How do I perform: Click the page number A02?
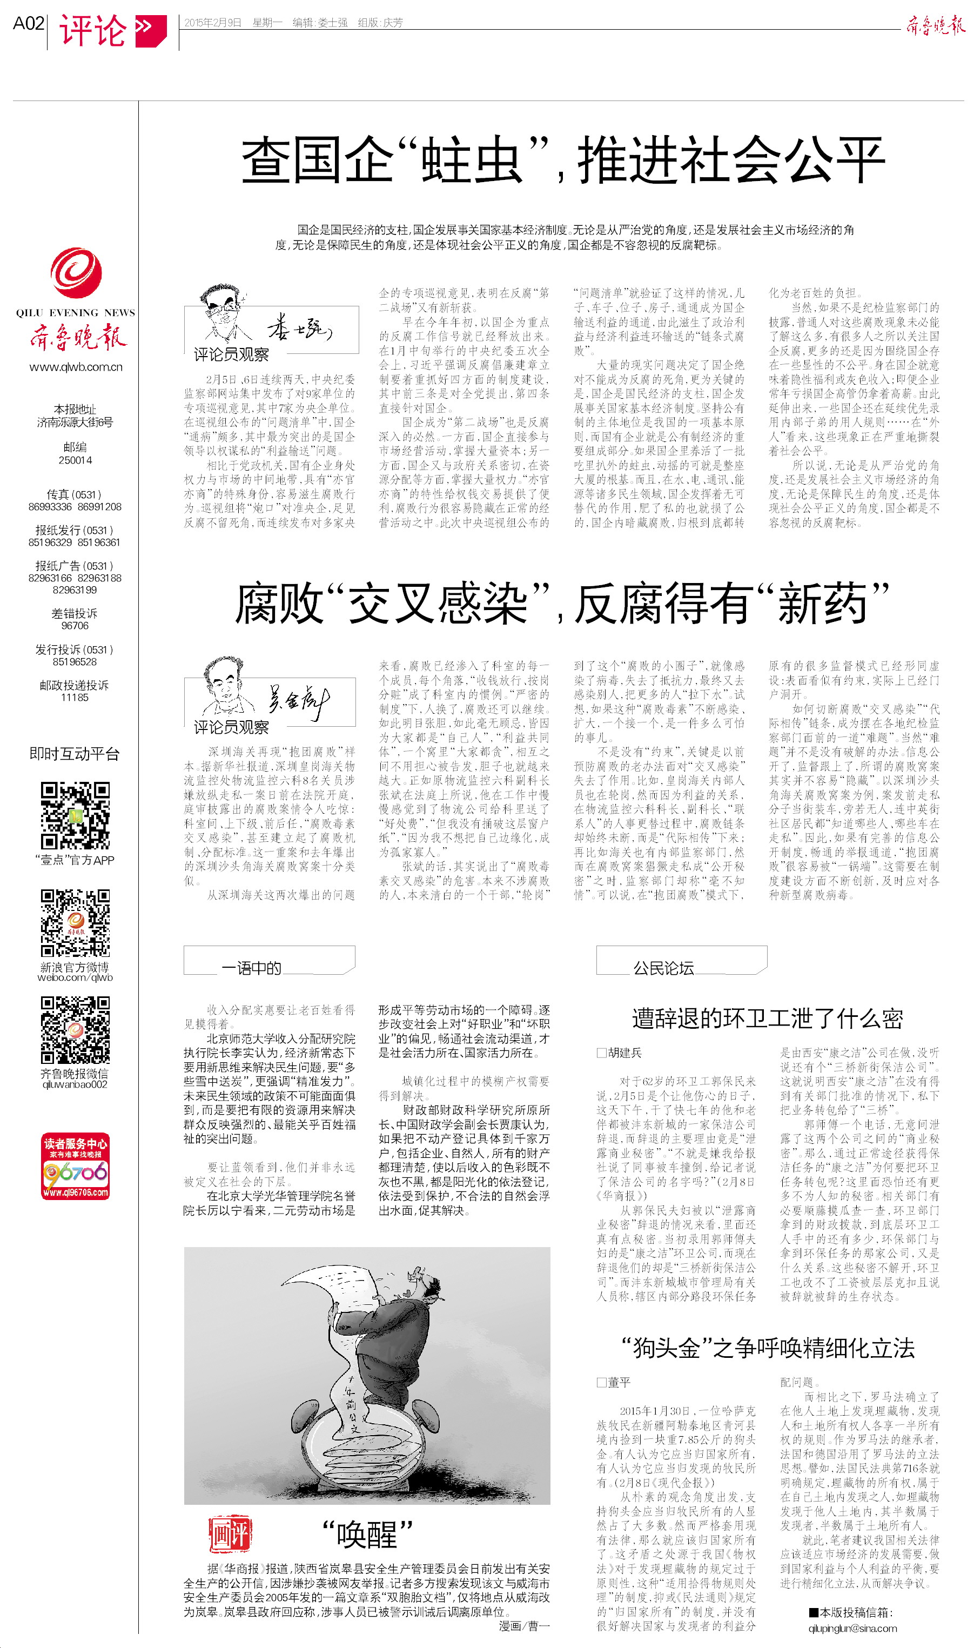pyautogui.click(x=28, y=24)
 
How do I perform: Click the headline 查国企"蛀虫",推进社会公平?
pyautogui.click(x=563, y=160)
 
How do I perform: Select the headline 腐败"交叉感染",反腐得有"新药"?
pyautogui.click(x=562, y=603)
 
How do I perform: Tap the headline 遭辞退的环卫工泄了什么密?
pyautogui.click(x=767, y=1018)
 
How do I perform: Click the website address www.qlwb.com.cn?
pyautogui.click(x=76, y=367)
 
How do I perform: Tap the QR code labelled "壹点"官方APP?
pyautogui.click(x=75, y=816)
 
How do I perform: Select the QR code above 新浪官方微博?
pyautogui.click(x=75, y=923)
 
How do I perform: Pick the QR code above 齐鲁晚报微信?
pyautogui.click(x=75, y=1030)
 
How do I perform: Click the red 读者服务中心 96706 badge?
pyautogui.click(x=75, y=1165)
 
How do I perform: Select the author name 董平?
pyautogui.click(x=618, y=1382)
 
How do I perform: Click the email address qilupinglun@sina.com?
pyautogui.click(x=852, y=1629)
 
